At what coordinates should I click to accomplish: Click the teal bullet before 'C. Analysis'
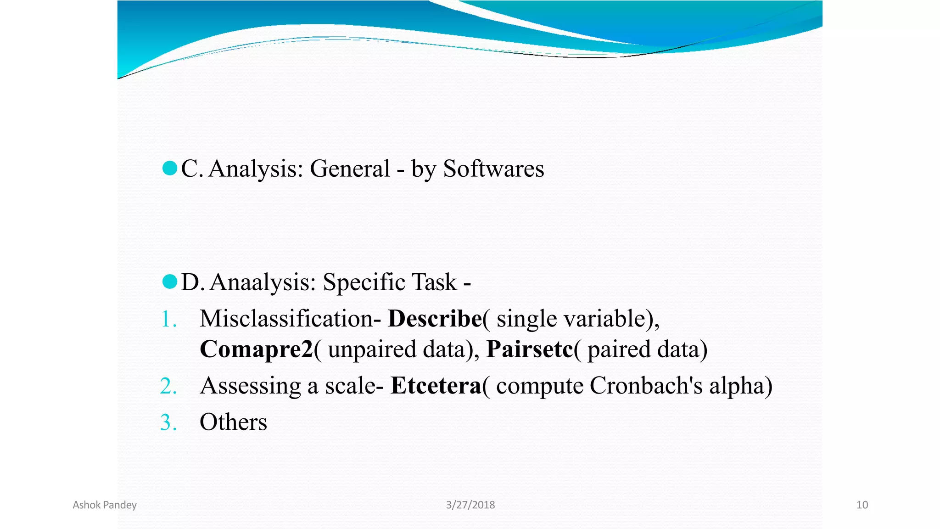click(x=170, y=168)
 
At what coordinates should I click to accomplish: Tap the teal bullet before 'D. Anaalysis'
click(x=170, y=281)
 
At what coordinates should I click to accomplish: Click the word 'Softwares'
click(x=493, y=169)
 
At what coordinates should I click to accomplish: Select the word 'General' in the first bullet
click(x=350, y=169)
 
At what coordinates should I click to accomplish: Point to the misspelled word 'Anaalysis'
click(x=263, y=282)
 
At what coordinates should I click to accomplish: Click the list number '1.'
click(x=169, y=319)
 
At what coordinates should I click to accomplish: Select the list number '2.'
click(x=168, y=386)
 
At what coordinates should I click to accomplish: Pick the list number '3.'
click(x=168, y=422)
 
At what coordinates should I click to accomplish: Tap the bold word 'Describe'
click(x=435, y=319)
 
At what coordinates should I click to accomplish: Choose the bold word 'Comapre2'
click(x=257, y=349)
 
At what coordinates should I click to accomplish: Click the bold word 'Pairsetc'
click(x=530, y=349)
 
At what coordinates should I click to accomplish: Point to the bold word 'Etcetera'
click(x=436, y=386)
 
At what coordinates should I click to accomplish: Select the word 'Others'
click(x=233, y=422)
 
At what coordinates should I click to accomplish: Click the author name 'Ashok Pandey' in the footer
click(x=105, y=505)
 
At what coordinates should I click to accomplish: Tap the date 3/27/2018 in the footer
click(x=470, y=505)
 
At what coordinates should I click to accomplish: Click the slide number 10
click(x=862, y=505)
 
